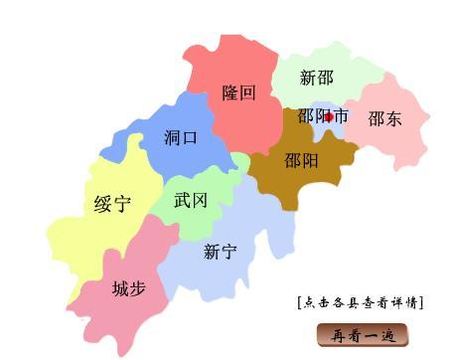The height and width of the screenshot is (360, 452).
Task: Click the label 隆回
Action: pyautogui.click(x=238, y=92)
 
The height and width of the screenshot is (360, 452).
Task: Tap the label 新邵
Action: pyautogui.click(x=316, y=78)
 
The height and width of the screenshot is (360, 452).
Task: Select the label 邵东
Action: pyautogui.click(x=384, y=119)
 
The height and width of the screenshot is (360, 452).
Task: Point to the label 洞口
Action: pyautogui.click(x=181, y=138)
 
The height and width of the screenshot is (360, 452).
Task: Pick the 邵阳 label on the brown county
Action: pyautogui.click(x=301, y=160)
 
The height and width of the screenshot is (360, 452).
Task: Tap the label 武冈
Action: pyautogui.click(x=191, y=200)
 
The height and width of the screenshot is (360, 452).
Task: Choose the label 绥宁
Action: pyautogui.click(x=112, y=205)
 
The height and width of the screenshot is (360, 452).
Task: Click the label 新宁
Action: pyautogui.click(x=220, y=252)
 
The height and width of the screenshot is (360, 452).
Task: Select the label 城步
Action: pyautogui.click(x=128, y=288)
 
